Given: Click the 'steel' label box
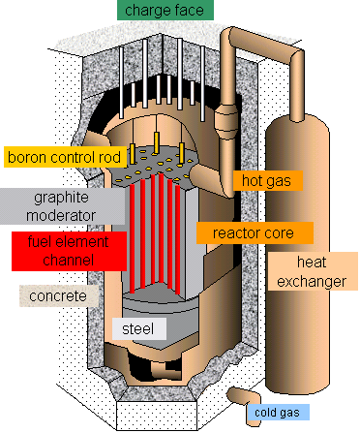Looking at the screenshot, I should pyautogui.click(x=139, y=329).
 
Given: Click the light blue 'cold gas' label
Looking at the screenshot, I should pyautogui.click(x=278, y=414).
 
